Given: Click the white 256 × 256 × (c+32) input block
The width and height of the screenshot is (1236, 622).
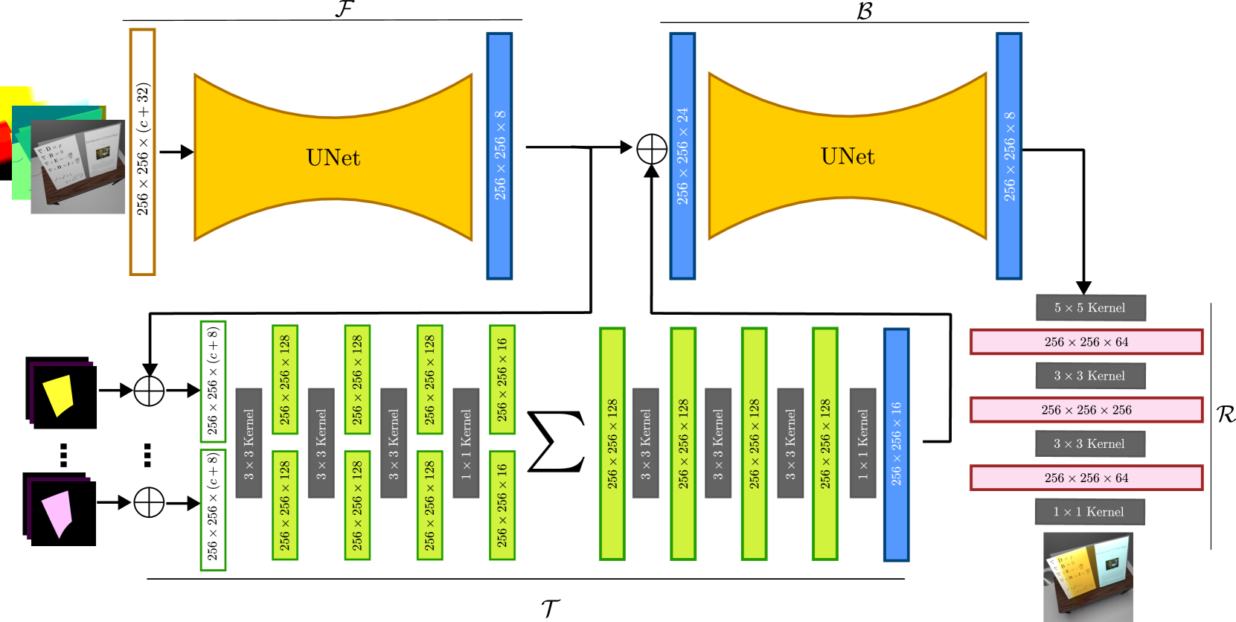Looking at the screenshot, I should point(142,152).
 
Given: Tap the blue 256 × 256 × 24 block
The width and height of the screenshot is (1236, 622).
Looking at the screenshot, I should point(682,156).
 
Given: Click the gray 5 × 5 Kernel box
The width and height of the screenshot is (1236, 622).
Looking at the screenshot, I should point(1090,308).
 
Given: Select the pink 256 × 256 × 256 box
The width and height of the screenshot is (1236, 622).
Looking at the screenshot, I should point(1086,410).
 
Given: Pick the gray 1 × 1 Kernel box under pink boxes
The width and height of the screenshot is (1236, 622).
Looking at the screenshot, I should point(1089,512).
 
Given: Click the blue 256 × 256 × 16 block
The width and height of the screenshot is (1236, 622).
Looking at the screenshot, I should point(896,444).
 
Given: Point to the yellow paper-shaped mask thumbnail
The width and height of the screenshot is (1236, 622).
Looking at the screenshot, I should point(59,395).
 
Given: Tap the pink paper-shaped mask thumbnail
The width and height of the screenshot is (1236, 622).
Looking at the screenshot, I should point(57,513).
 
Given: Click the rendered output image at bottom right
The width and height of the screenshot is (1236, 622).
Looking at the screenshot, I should point(1087,577).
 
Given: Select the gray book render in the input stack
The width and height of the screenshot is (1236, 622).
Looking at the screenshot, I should point(78,168).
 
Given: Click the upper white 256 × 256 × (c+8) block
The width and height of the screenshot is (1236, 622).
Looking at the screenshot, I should point(213,381).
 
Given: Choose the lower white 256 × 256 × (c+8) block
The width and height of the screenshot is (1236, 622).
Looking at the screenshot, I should point(213,510).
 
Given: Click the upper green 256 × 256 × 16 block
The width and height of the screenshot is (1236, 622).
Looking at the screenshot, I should point(502,379).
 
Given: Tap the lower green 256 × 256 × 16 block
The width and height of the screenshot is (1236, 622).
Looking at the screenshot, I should point(502,505).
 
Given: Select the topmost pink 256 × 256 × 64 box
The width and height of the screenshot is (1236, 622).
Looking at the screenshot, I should point(1086,342).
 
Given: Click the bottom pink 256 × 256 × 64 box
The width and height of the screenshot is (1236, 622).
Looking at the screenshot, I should point(1086,478).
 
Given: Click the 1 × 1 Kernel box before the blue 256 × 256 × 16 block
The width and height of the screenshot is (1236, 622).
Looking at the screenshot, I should point(862,443).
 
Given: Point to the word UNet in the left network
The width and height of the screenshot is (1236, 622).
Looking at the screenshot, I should point(333,158).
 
